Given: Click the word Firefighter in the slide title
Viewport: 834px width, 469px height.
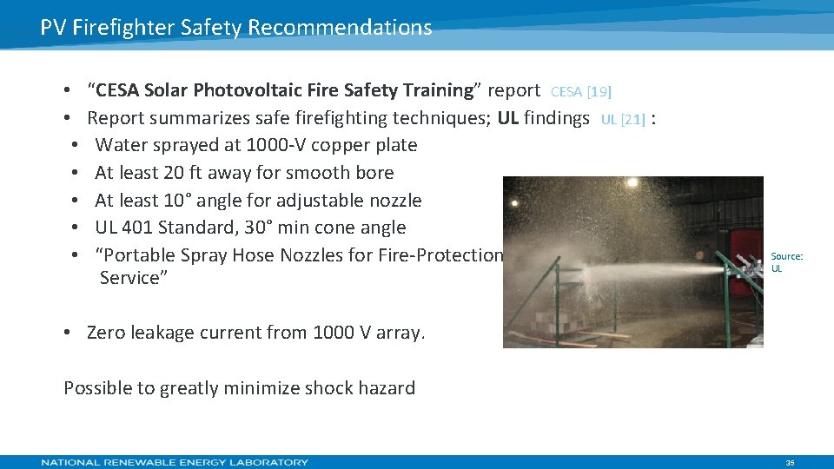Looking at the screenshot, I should pyautogui.click(x=124, y=28).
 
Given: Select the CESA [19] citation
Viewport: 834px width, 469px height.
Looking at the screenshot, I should pyautogui.click(x=581, y=91).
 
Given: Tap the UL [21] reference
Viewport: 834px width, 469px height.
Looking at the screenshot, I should pyautogui.click(x=623, y=120).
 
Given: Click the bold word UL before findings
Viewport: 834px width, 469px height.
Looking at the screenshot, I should pyautogui.click(x=508, y=118).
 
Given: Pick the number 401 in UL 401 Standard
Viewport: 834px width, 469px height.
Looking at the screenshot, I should pyautogui.click(x=136, y=228).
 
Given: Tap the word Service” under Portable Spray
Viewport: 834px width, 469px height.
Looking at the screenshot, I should pyautogui.click(x=133, y=278).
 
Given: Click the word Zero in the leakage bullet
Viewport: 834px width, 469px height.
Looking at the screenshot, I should pyautogui.click(x=107, y=333).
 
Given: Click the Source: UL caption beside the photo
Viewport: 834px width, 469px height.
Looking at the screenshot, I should pyautogui.click(x=786, y=262).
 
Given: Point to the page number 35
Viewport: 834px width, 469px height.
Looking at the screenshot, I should pyautogui.click(x=790, y=463).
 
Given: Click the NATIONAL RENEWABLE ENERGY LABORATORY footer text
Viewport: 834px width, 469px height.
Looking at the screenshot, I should pyautogui.click(x=175, y=462).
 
